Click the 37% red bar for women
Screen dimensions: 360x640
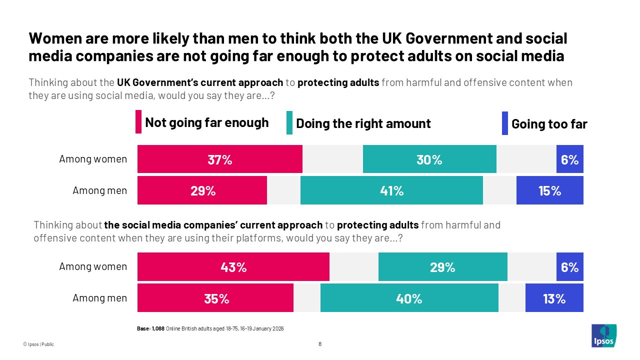click(220, 159)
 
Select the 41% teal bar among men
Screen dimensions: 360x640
click(391, 190)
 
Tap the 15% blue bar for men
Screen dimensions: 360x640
click(549, 190)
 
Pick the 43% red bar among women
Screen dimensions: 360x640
click(233, 267)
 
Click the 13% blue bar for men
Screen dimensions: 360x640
click(554, 298)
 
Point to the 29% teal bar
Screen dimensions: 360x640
click(442, 267)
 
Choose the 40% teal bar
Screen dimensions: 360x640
click(409, 298)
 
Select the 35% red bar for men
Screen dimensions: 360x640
click(215, 298)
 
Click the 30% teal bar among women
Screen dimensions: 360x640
click(429, 159)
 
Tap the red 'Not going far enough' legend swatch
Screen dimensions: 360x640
click(138, 122)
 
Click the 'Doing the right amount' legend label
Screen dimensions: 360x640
click(363, 123)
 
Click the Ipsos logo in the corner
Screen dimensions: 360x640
click(603, 335)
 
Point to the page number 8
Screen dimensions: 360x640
click(320, 344)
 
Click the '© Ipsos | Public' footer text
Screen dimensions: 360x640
click(38, 344)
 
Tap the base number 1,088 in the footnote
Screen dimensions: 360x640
click(158, 328)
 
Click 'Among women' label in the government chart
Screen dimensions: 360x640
click(93, 159)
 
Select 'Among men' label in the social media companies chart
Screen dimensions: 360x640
click(100, 298)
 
